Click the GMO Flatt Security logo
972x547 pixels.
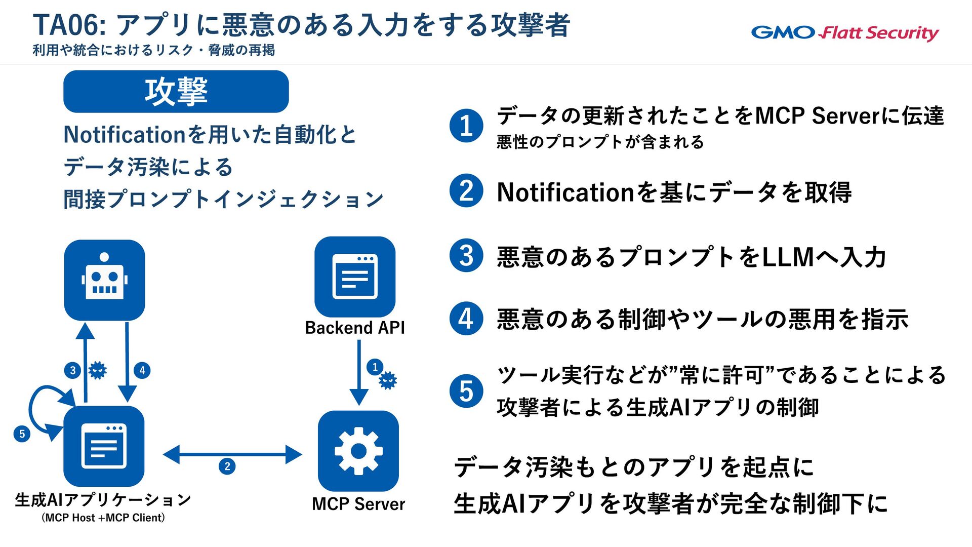[x=844, y=33]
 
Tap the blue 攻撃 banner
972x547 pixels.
[x=176, y=92]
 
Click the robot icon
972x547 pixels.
[x=104, y=280]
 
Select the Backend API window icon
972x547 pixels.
[x=355, y=277]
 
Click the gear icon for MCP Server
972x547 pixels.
[x=358, y=451]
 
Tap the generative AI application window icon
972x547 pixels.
[x=104, y=446]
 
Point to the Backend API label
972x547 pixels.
[x=355, y=328]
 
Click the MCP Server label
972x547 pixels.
[x=358, y=504]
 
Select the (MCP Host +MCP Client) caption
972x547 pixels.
[x=103, y=518]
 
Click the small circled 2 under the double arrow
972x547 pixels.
[x=227, y=466]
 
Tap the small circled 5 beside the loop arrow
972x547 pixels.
[x=22, y=434]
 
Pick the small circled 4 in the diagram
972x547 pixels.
[x=142, y=370]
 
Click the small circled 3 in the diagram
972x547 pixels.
[x=73, y=370]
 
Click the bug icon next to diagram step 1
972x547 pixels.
[x=388, y=380]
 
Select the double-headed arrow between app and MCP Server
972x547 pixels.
[x=232, y=454]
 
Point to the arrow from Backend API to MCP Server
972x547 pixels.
[x=359, y=372]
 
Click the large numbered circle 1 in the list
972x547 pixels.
[x=466, y=126]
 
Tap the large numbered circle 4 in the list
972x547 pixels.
[x=466, y=319]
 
